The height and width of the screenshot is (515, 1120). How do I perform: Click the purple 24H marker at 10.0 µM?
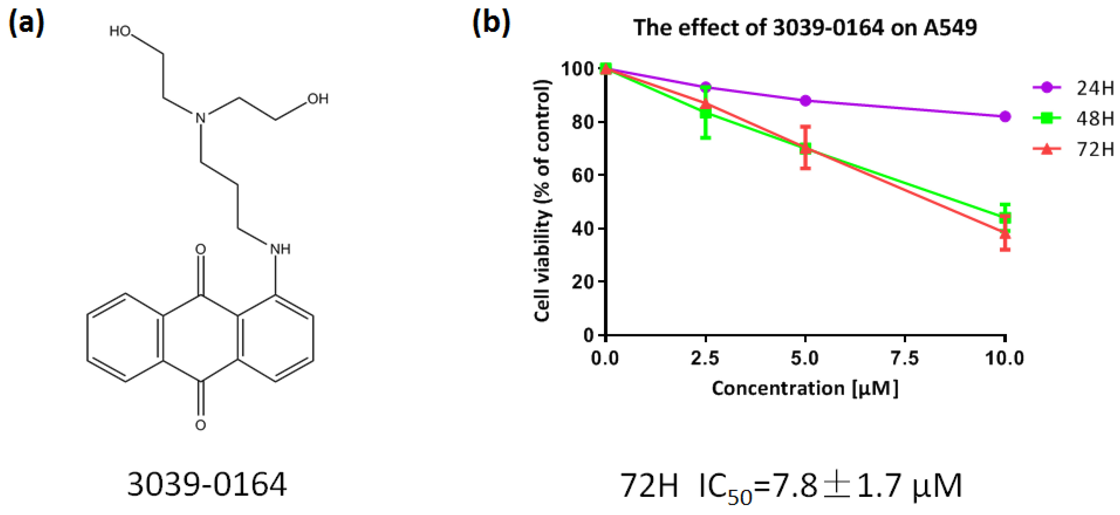(1004, 117)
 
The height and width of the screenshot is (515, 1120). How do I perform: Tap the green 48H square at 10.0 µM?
(1004, 218)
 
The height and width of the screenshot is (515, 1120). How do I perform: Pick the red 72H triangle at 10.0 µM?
(1004, 233)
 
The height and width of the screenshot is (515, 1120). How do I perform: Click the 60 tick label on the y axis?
(582, 176)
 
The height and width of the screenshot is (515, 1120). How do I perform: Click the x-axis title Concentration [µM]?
(805, 388)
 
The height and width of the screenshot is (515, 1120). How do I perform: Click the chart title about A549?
(805, 28)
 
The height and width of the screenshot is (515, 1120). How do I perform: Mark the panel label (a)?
(26, 22)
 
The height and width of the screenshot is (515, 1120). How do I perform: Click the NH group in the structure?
(280, 249)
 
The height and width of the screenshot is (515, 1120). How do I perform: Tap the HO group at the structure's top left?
(120, 31)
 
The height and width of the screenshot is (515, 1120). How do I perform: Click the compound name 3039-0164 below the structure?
(207, 485)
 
